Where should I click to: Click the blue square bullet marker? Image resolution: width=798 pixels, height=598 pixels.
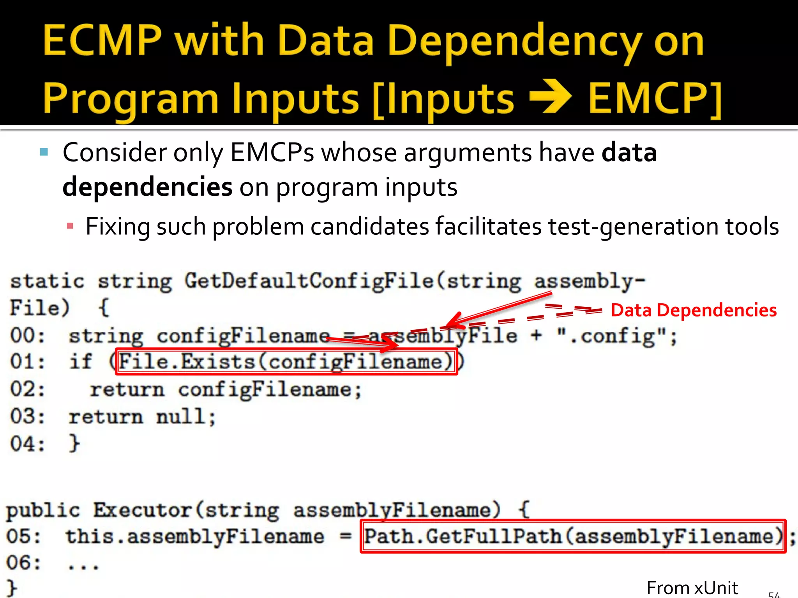point(44,152)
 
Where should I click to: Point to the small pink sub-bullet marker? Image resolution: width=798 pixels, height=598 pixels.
point(70,226)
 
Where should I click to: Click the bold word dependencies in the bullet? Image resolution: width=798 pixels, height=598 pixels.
point(147,187)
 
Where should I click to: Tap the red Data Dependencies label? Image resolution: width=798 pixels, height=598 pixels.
point(694,310)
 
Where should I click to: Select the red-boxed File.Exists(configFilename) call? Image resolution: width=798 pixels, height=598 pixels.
point(286,362)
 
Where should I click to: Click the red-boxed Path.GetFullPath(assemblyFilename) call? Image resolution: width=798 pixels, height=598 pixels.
point(573,536)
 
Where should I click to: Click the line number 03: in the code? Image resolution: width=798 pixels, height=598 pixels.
point(27,417)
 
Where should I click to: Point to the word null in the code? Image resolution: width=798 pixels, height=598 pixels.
point(185,417)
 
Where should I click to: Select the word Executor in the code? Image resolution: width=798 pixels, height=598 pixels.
point(142,510)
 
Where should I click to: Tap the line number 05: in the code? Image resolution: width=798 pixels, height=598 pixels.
point(23,536)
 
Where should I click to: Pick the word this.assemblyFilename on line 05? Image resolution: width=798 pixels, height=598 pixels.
point(195,536)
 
